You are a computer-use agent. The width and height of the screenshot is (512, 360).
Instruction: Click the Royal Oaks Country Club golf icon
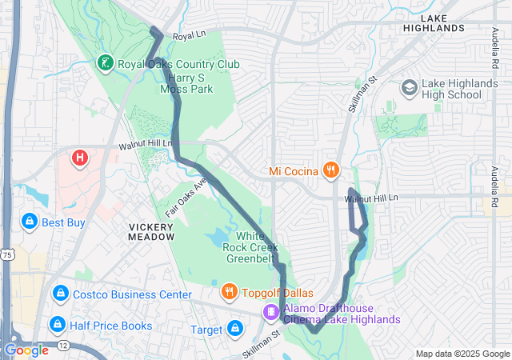(105, 62)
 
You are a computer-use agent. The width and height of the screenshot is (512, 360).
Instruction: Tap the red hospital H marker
(79, 158)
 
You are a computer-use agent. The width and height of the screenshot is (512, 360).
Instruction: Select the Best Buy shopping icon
(29, 222)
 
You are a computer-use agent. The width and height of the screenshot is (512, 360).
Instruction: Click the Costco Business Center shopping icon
(60, 294)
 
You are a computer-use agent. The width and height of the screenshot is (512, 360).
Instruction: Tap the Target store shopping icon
(234, 329)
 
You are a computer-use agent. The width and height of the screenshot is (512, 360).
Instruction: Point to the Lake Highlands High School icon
(409, 86)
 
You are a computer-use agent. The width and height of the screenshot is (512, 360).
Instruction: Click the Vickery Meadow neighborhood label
(151, 232)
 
